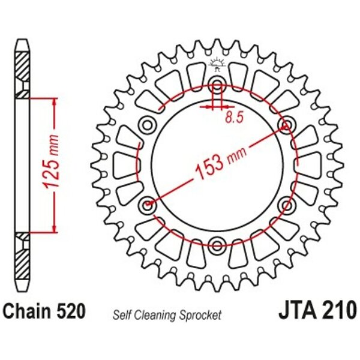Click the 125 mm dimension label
click(x=52, y=163)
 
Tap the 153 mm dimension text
click(x=221, y=161)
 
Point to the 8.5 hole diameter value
click(x=234, y=118)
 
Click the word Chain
click(x=28, y=311)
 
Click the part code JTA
click(x=298, y=311)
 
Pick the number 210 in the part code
click(x=340, y=311)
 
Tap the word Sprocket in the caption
click(x=200, y=315)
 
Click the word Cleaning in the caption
click(x=155, y=316)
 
